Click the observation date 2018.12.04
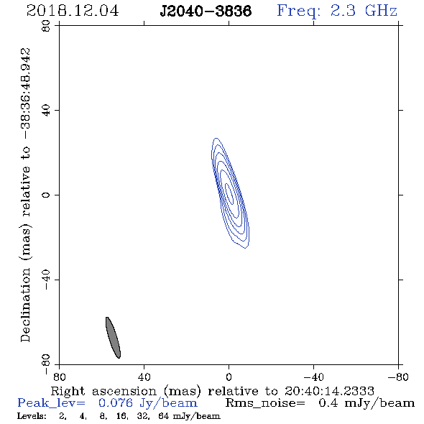(x=73, y=11)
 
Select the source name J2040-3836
(x=206, y=11)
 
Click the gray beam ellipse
(x=113, y=338)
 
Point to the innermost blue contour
(x=229, y=193)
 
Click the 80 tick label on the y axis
(x=46, y=26)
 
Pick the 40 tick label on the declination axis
(x=46, y=111)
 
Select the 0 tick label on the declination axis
(x=46, y=195)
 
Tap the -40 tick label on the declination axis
(x=46, y=280)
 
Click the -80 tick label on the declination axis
(x=46, y=364)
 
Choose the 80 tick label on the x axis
(x=59, y=377)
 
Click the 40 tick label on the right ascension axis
(x=144, y=377)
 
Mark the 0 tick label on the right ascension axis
(x=229, y=377)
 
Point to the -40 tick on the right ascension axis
(x=313, y=377)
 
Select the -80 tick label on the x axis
(x=398, y=377)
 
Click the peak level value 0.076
(x=116, y=402)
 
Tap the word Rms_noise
(x=265, y=403)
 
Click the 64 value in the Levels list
(x=164, y=415)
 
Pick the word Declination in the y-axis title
(x=25, y=305)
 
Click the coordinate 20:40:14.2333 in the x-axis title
(x=329, y=391)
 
